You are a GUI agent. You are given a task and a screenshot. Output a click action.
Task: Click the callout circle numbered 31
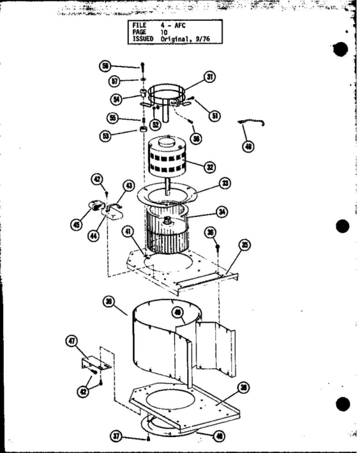click(211, 77)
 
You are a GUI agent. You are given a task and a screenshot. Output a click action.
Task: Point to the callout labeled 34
click(221, 213)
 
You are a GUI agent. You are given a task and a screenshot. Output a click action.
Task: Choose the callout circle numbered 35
click(245, 245)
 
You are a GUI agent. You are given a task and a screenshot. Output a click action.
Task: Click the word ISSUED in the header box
click(145, 38)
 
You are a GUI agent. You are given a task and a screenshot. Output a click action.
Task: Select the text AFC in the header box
click(179, 25)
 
